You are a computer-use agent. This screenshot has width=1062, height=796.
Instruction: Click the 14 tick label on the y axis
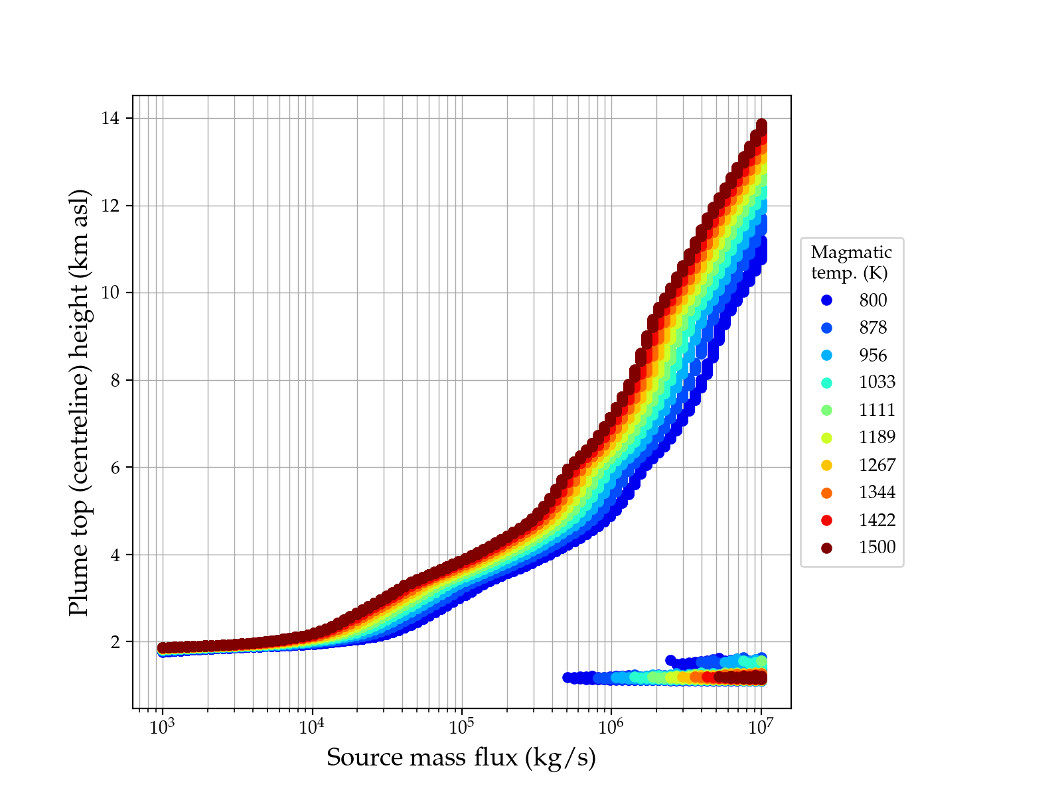[x=110, y=119]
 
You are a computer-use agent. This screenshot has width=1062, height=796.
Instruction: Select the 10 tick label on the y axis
[x=110, y=293]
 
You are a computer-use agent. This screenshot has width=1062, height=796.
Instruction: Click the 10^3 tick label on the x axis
[x=162, y=728]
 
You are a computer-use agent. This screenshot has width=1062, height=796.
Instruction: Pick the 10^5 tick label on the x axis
[x=462, y=728]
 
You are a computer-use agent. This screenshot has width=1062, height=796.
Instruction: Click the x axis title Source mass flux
[x=461, y=758]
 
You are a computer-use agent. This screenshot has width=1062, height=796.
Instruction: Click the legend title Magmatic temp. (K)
[x=852, y=262]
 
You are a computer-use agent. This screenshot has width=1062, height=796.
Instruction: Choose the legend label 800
[x=873, y=300]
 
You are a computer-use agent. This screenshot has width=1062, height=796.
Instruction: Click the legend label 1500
[x=877, y=547]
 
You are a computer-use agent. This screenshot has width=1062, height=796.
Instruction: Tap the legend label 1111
[x=877, y=410]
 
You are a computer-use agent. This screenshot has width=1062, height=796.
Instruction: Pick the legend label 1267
[x=877, y=465]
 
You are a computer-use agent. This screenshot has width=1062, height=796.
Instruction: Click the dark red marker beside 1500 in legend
[x=826, y=548]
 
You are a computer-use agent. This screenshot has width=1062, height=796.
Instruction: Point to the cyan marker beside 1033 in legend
[x=826, y=383]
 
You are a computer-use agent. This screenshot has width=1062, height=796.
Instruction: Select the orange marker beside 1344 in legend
[x=826, y=493]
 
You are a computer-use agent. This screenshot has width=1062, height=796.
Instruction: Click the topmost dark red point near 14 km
[x=761, y=125]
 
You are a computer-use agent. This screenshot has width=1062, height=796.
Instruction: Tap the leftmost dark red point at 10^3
[x=162, y=647]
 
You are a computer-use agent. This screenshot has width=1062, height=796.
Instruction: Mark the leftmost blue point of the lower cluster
[x=568, y=677]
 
